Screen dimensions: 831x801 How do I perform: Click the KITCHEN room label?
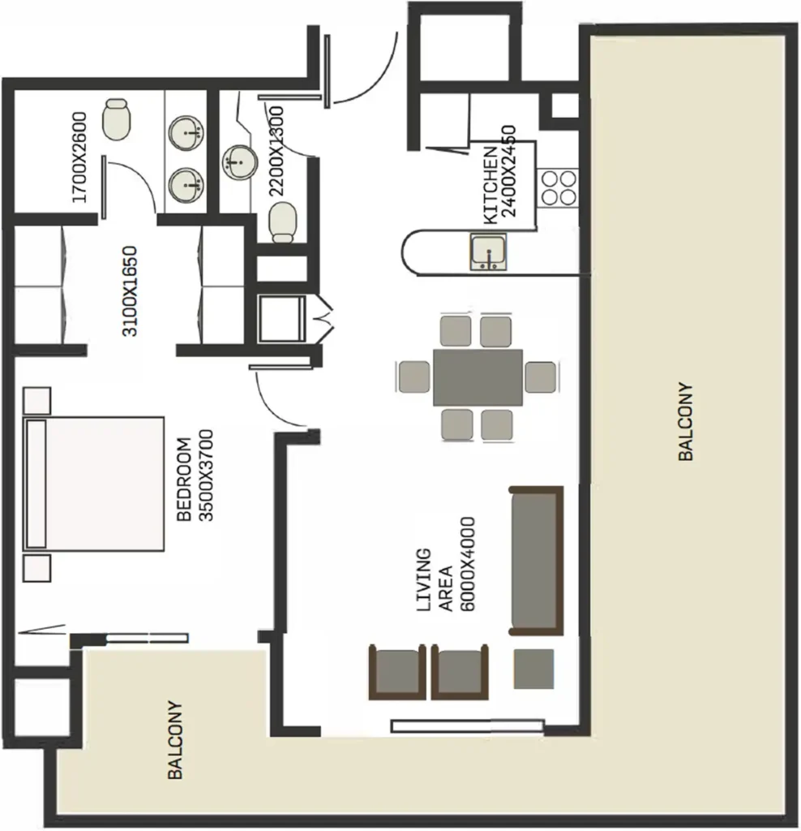tap(490, 185)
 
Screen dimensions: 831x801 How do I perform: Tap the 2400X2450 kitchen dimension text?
tap(509, 171)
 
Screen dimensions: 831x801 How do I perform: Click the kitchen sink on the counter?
tap(489, 252)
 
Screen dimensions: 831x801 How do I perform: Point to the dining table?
tap(478, 377)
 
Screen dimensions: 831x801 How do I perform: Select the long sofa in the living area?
tap(535, 561)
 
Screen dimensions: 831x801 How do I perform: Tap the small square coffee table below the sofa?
tap(534, 669)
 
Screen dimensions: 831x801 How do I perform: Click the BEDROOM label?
tap(184, 480)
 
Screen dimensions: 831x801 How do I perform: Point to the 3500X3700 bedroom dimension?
tap(205, 475)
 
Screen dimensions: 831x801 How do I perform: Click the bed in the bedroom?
tap(95, 483)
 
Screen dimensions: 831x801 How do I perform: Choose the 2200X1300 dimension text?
tap(276, 151)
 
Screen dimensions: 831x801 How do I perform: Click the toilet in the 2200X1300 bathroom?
tap(282, 222)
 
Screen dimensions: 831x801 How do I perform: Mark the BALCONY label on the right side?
tap(686, 422)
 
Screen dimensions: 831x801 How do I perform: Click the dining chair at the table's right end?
tap(540, 377)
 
